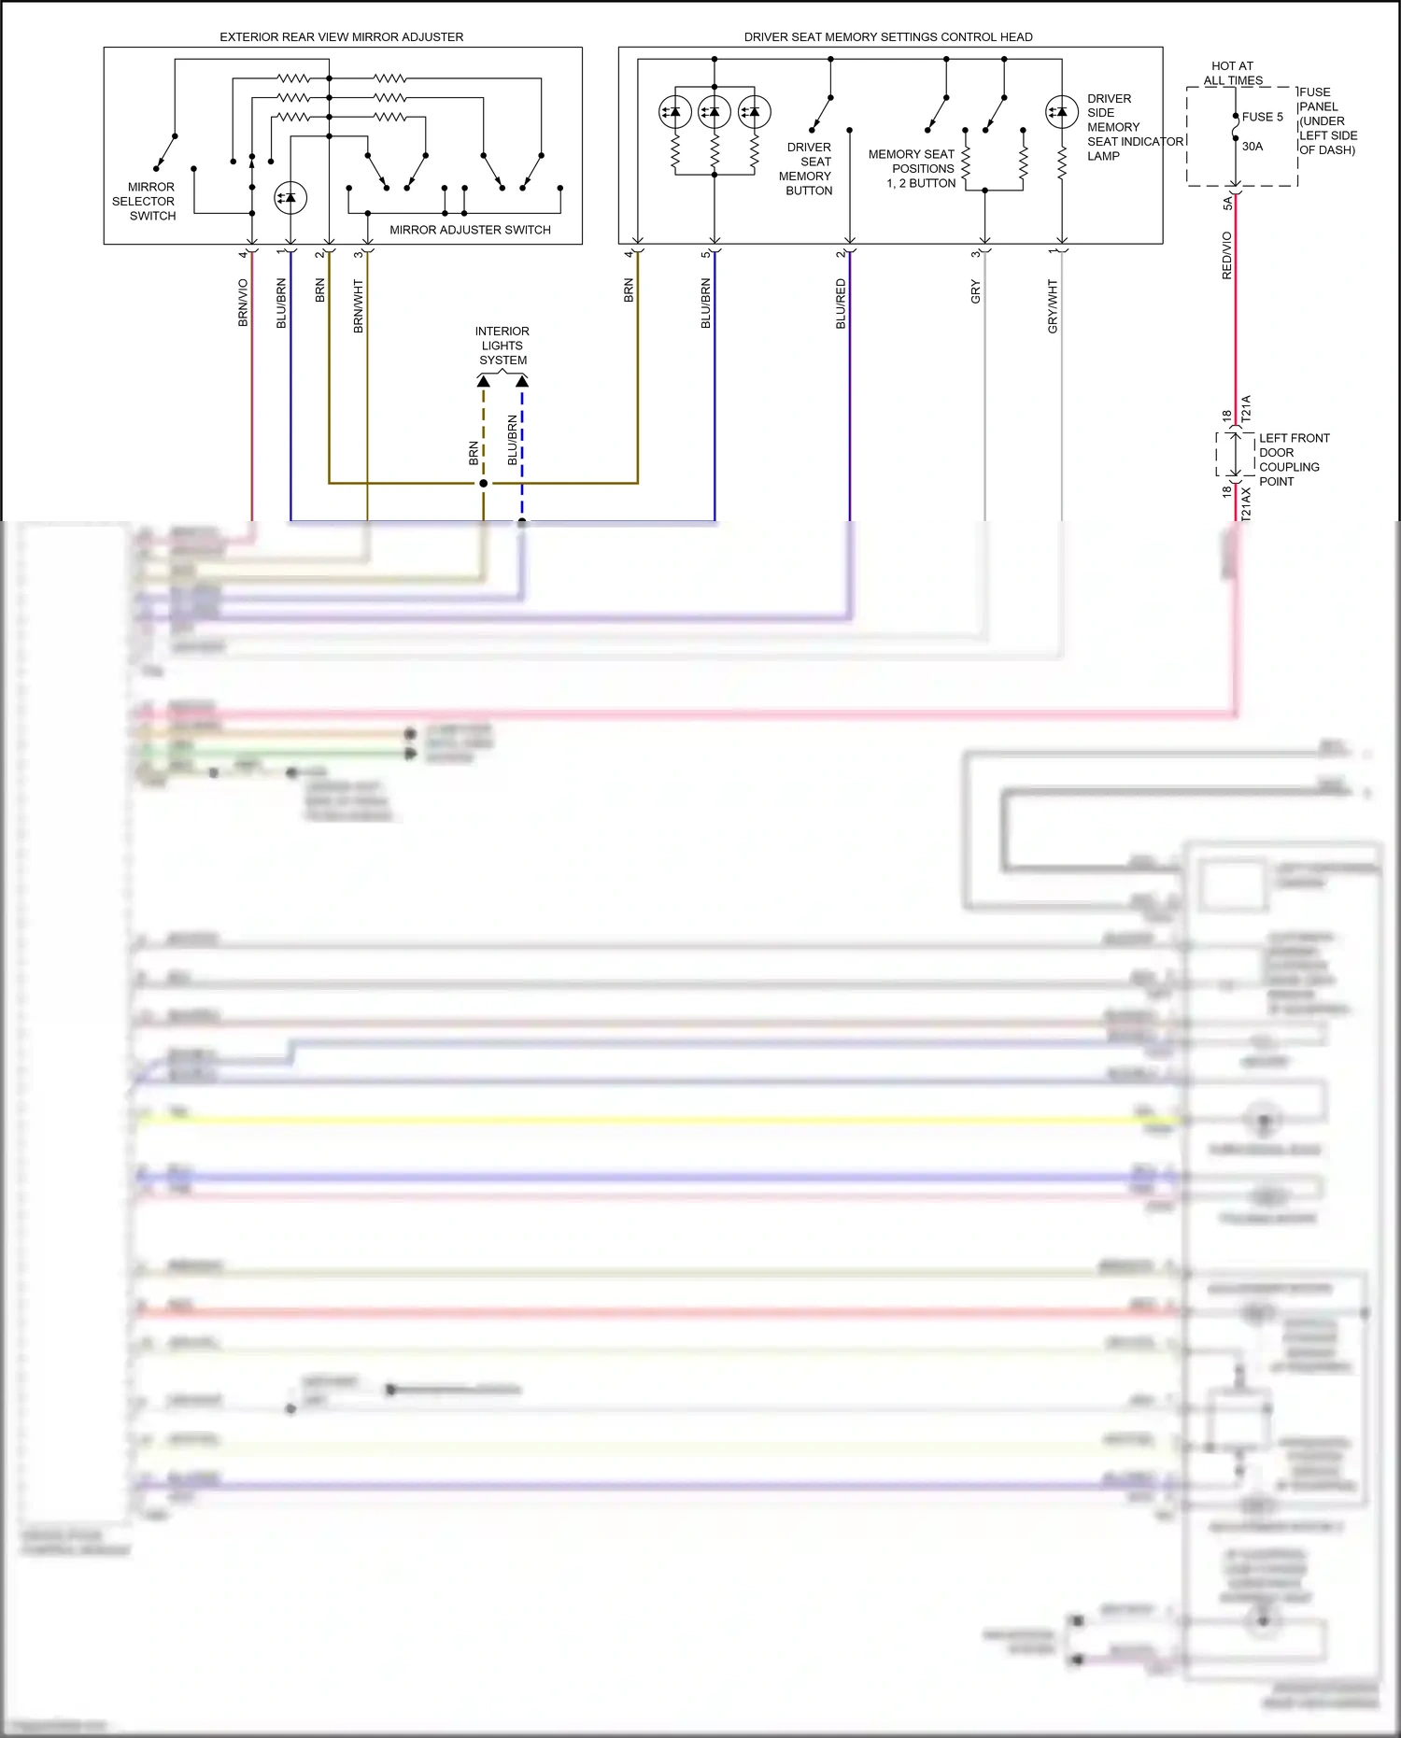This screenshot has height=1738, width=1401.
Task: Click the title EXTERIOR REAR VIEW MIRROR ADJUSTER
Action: point(341,37)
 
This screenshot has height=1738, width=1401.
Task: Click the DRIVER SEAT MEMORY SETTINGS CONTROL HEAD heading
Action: point(887,37)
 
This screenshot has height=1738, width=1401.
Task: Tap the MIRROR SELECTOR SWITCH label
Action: point(144,201)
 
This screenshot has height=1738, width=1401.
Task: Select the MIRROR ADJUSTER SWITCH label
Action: point(470,230)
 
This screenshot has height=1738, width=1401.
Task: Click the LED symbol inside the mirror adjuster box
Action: point(290,198)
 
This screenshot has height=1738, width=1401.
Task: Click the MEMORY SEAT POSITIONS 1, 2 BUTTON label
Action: point(913,169)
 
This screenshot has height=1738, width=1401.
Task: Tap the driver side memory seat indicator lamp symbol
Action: point(1062,112)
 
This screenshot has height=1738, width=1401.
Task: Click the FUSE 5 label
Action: point(1262,117)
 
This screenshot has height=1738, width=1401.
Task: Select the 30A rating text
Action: point(1252,147)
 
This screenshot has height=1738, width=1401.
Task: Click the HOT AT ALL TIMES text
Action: point(1233,73)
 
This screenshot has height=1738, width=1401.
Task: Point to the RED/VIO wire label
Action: point(1226,255)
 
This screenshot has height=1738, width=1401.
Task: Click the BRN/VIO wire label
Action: point(243,303)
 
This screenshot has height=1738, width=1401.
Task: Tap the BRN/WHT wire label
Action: point(358,306)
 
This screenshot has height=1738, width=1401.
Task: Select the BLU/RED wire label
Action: point(841,304)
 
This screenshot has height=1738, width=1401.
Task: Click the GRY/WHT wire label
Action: point(1053,306)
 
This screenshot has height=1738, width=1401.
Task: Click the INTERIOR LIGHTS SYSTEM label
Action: point(502,346)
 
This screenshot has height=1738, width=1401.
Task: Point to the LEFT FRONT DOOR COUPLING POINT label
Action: point(1294,459)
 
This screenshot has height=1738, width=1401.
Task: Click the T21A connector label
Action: point(1246,409)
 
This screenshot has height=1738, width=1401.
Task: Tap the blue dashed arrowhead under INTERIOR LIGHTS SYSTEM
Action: point(522,381)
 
